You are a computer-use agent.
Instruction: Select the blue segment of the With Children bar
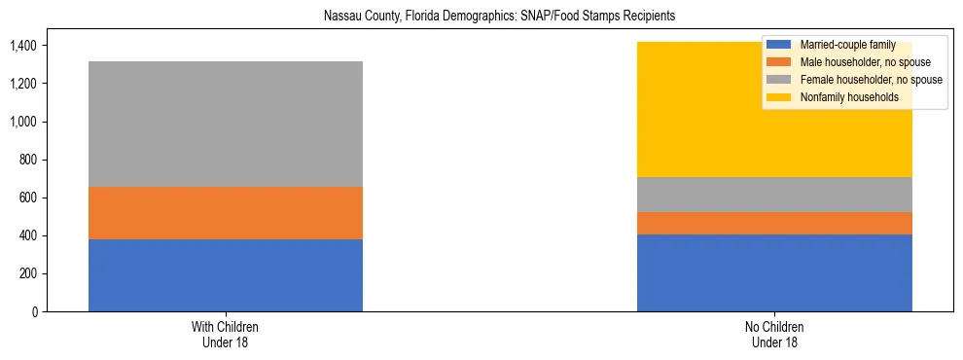(x=226, y=275)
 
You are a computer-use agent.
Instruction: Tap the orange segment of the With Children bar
(x=226, y=213)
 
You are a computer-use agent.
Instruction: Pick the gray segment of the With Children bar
(x=226, y=124)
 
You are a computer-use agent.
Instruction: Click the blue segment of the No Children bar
(x=774, y=272)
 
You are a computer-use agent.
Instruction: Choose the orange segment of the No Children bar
(x=774, y=223)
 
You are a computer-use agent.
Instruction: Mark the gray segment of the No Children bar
(x=774, y=195)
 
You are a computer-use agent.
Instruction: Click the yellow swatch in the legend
(x=779, y=97)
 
